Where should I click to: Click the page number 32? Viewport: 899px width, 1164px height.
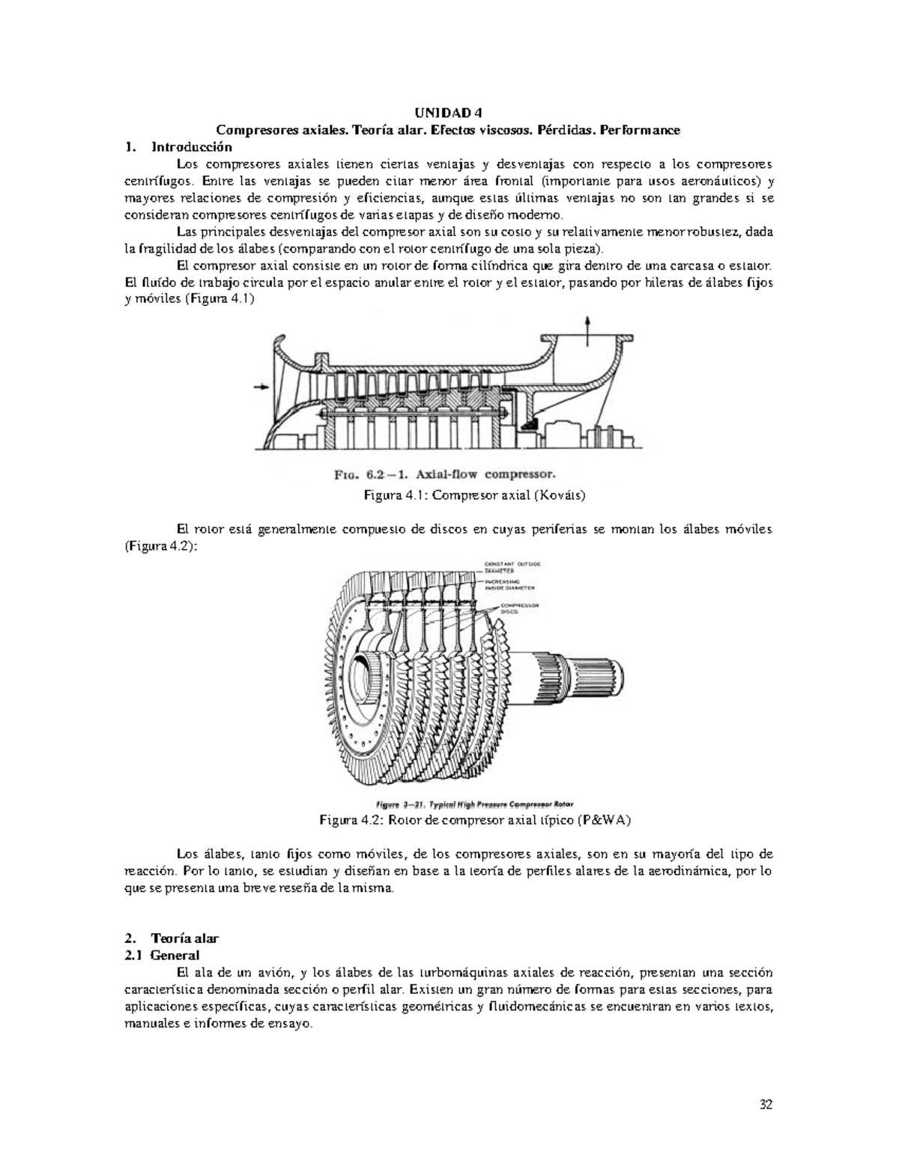coord(766,1104)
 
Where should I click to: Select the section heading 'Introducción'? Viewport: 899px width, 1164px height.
coord(191,147)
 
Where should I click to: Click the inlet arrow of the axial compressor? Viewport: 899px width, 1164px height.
coord(261,387)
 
